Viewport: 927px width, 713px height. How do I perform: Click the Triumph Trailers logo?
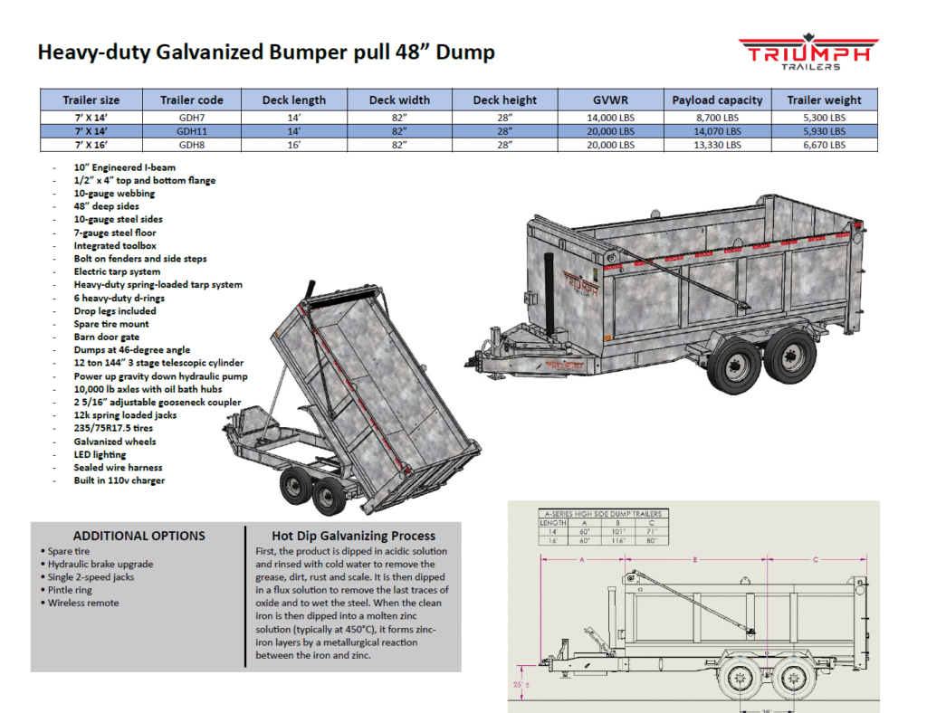click(808, 53)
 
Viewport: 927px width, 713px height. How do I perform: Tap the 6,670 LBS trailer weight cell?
click(824, 144)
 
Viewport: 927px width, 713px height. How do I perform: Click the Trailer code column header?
click(191, 100)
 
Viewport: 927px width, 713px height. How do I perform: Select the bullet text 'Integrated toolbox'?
click(115, 245)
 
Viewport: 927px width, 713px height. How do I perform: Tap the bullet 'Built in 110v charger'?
click(119, 480)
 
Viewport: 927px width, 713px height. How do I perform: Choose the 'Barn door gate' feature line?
click(105, 337)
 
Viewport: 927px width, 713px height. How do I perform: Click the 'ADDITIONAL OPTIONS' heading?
click(139, 536)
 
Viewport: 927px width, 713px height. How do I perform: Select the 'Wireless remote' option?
click(83, 603)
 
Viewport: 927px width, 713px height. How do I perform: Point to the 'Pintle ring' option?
click(72, 590)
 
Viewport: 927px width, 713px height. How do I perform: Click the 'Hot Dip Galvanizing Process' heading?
click(353, 536)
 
